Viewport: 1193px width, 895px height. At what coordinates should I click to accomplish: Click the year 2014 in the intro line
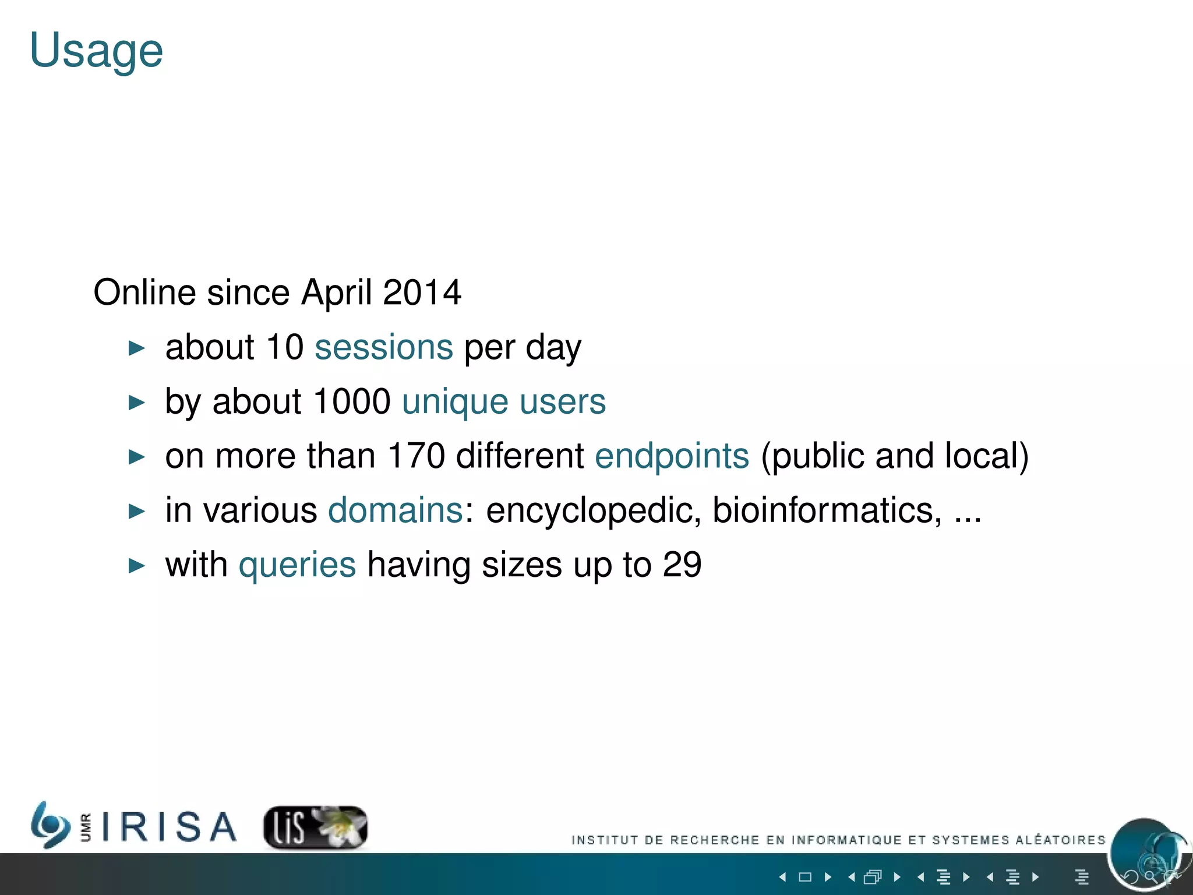pos(422,293)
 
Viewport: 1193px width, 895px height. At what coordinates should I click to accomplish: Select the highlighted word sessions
pos(383,347)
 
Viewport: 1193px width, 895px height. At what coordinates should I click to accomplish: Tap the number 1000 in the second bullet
pos(351,401)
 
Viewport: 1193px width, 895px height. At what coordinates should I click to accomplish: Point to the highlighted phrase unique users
pos(504,401)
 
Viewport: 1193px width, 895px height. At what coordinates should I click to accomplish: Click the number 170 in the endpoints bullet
pos(416,456)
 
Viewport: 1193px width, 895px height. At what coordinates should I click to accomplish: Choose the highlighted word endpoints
pos(672,456)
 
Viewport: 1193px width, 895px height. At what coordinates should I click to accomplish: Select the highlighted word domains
pos(396,510)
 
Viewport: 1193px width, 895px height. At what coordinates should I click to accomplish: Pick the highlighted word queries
pos(297,565)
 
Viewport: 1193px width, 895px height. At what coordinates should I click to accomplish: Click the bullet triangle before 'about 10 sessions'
pos(136,348)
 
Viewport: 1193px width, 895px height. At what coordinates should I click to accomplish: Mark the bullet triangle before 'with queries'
pos(136,566)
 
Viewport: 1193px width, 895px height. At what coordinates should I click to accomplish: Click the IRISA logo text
pos(169,827)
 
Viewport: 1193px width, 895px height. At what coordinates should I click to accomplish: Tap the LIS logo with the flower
pos(315,827)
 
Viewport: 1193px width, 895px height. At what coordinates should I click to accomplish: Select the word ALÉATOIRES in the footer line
pos(1060,840)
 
